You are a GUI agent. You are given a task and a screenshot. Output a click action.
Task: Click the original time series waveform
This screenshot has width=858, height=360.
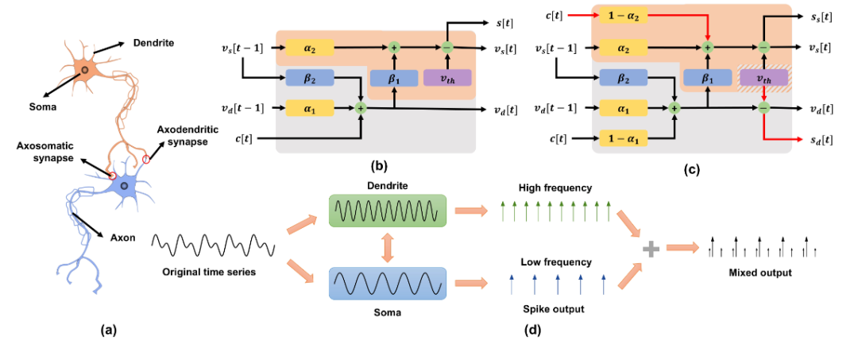212,245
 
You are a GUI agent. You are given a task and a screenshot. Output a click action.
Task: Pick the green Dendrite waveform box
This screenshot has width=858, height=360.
388,210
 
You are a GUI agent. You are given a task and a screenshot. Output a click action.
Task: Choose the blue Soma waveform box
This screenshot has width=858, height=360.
388,284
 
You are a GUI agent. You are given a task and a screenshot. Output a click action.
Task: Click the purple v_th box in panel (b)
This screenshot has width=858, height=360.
446,78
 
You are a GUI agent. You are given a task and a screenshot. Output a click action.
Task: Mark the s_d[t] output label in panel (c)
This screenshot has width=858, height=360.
820,140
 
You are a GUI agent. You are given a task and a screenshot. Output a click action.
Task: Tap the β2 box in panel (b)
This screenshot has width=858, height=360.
309,78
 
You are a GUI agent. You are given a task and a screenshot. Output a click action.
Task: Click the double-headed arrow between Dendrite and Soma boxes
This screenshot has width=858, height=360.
388,247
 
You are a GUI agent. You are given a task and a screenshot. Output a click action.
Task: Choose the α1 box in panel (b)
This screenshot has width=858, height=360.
309,108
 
